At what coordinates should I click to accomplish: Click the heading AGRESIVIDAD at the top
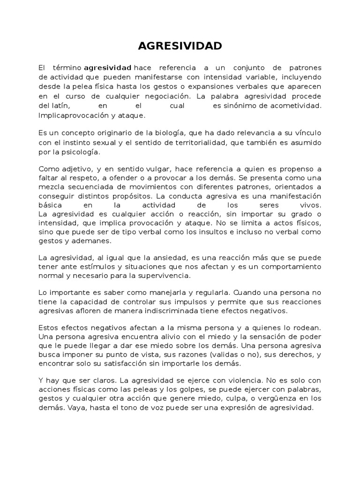coord(180,46)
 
